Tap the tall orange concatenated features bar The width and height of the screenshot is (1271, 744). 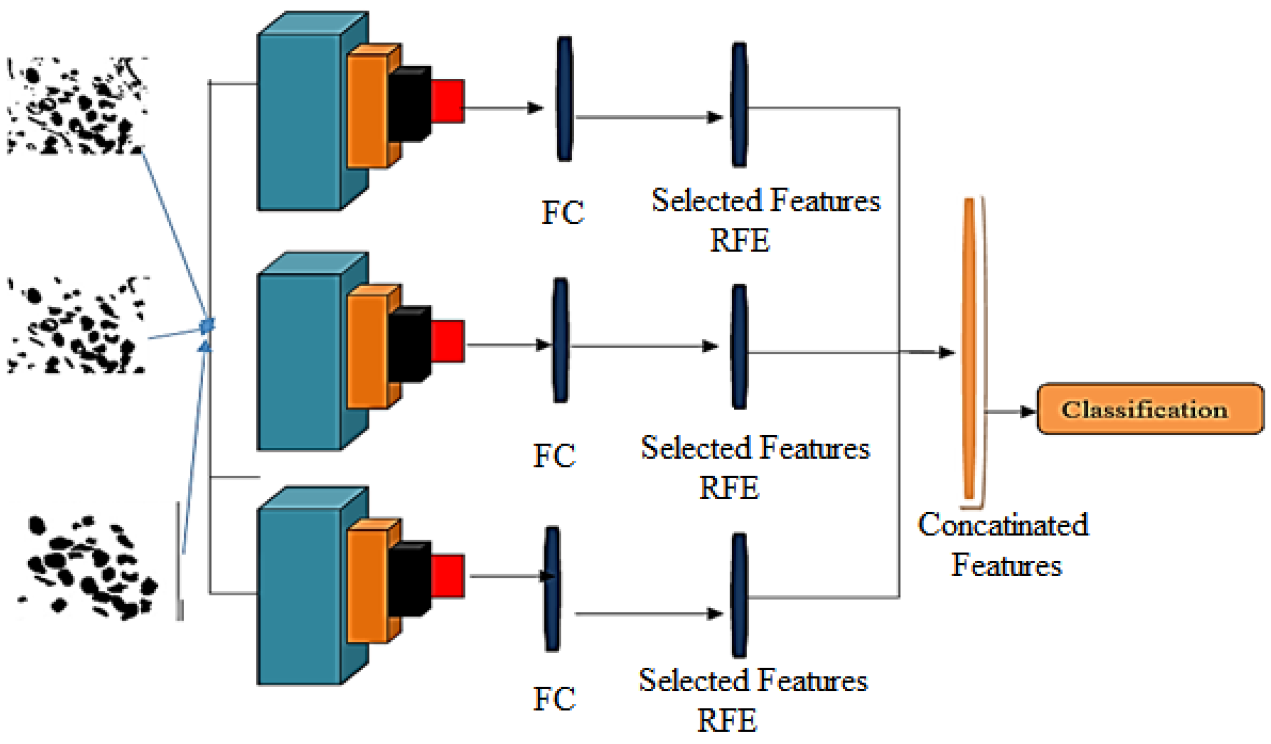pyautogui.click(x=969, y=348)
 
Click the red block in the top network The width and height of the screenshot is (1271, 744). pyautogui.click(x=448, y=101)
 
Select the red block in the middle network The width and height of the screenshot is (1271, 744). pyautogui.click(x=448, y=341)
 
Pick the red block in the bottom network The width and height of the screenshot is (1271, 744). pyautogui.click(x=448, y=576)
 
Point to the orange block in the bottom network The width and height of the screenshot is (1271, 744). pyautogui.click(x=367, y=586)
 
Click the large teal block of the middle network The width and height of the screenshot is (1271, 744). pyautogui.click(x=299, y=361)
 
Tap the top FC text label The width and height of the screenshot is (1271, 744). pyautogui.click(x=562, y=212)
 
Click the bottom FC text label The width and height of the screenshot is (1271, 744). pyautogui.click(x=554, y=699)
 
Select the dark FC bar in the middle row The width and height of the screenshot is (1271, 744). pyautogui.click(x=560, y=341)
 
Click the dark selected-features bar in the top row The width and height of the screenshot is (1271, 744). pyautogui.click(x=739, y=105)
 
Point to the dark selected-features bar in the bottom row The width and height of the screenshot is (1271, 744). pyautogui.click(x=739, y=595)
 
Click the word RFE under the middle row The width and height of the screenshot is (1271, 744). pyautogui.click(x=729, y=487)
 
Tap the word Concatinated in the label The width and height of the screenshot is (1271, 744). pyautogui.click(x=1003, y=525)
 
